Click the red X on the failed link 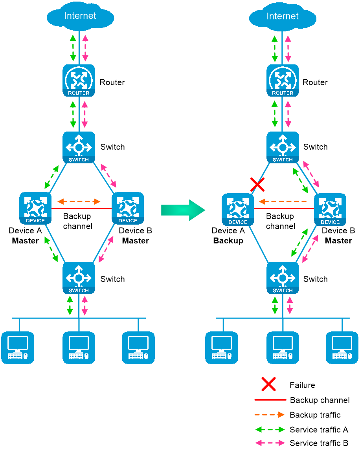pyautogui.click(x=257, y=185)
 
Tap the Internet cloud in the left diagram pyautogui.click(x=80, y=16)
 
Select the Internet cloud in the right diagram pyautogui.click(x=283, y=16)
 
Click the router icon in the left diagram pyautogui.click(x=79, y=80)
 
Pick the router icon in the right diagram pyautogui.click(x=283, y=80)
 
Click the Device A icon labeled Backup pyautogui.click(x=238, y=210)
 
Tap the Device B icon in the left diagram pyautogui.click(x=128, y=209)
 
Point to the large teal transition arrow pyautogui.click(x=183, y=210)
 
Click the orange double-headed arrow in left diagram pyautogui.click(x=79, y=201)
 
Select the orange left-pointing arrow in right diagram pyautogui.click(x=283, y=201)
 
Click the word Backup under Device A pyautogui.click(x=228, y=240)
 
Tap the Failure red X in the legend pyautogui.click(x=269, y=384)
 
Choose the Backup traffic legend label pyautogui.click(x=315, y=415)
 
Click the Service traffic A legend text pyautogui.click(x=319, y=430)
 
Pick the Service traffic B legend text pyautogui.click(x=319, y=443)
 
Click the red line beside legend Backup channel pyautogui.click(x=270, y=400)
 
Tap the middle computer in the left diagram pyautogui.click(x=79, y=348)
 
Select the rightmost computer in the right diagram pyautogui.click(x=342, y=348)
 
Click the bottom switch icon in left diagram pyautogui.click(x=79, y=278)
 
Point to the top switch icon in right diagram pyautogui.click(x=283, y=147)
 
